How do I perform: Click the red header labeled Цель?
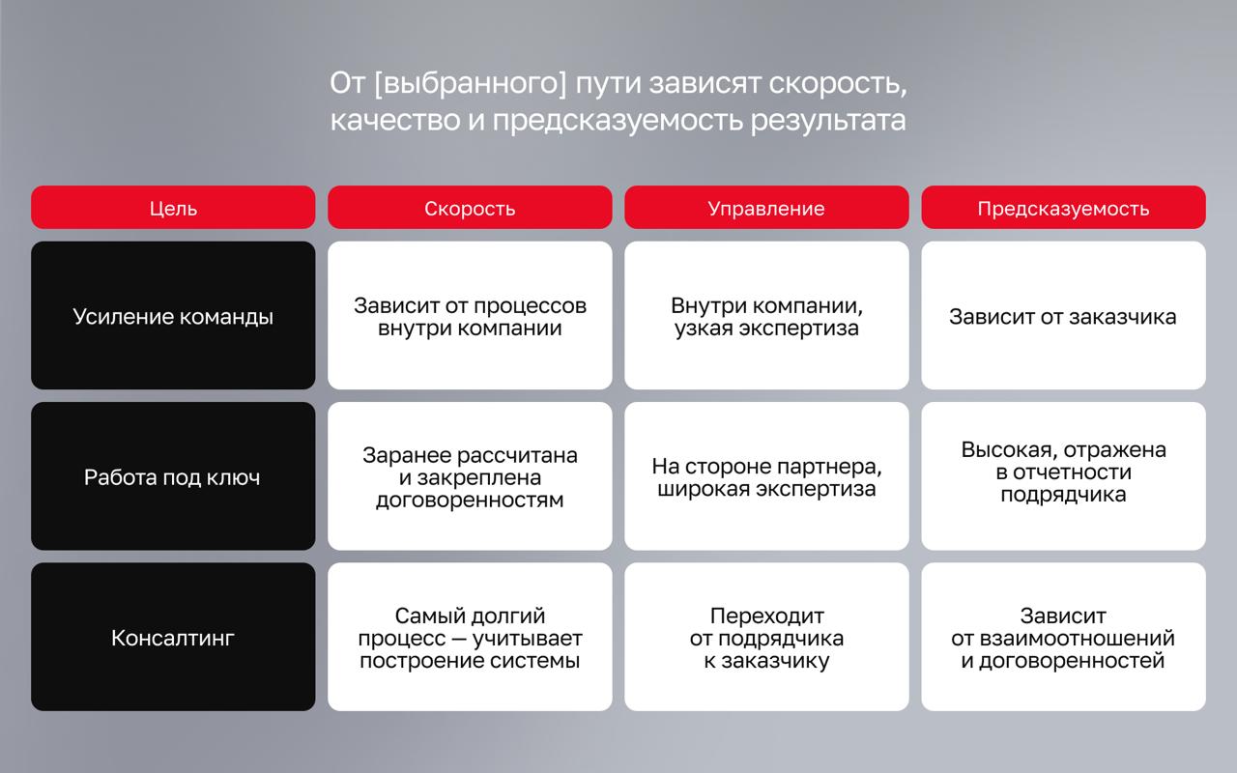point(173,208)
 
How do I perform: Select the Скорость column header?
point(470,208)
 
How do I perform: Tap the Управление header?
point(766,208)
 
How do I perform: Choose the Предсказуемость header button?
point(1064,208)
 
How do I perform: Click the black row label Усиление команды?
point(173,315)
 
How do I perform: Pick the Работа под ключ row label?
point(173,476)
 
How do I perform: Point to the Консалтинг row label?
point(173,637)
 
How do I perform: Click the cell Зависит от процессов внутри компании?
point(470,315)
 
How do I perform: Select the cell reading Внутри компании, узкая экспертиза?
point(766,315)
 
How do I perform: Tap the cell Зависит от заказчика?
point(1064,315)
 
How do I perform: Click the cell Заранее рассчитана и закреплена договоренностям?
point(470,476)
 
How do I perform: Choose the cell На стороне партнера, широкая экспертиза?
point(766,476)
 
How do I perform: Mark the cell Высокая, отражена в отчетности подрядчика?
point(1064,476)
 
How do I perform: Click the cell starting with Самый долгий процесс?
point(470,637)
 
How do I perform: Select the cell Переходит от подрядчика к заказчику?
point(766,637)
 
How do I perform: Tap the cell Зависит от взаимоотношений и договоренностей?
point(1064,637)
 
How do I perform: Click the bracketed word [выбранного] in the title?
point(471,84)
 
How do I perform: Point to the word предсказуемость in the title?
point(618,121)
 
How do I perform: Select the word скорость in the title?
point(838,84)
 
